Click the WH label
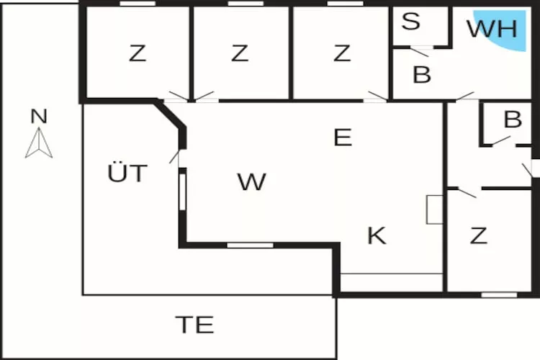tap(492, 29)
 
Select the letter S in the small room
tap(411, 22)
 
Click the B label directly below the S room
tap(422, 74)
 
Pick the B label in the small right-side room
tap(513, 120)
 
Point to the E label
tap(343, 138)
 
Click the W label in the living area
tap(251, 182)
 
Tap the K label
tap(377, 235)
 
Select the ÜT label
tap(127, 174)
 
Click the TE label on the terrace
tap(194, 325)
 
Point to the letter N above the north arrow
tap(39, 115)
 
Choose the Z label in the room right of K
tap(479, 235)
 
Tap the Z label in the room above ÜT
tap(137, 53)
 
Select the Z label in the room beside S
tap(342, 53)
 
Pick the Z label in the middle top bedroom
tap(240, 53)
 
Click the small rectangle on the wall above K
tap(435, 210)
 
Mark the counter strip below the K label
tap(391, 283)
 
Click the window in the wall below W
tap(250, 246)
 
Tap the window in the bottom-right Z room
tap(499, 294)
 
